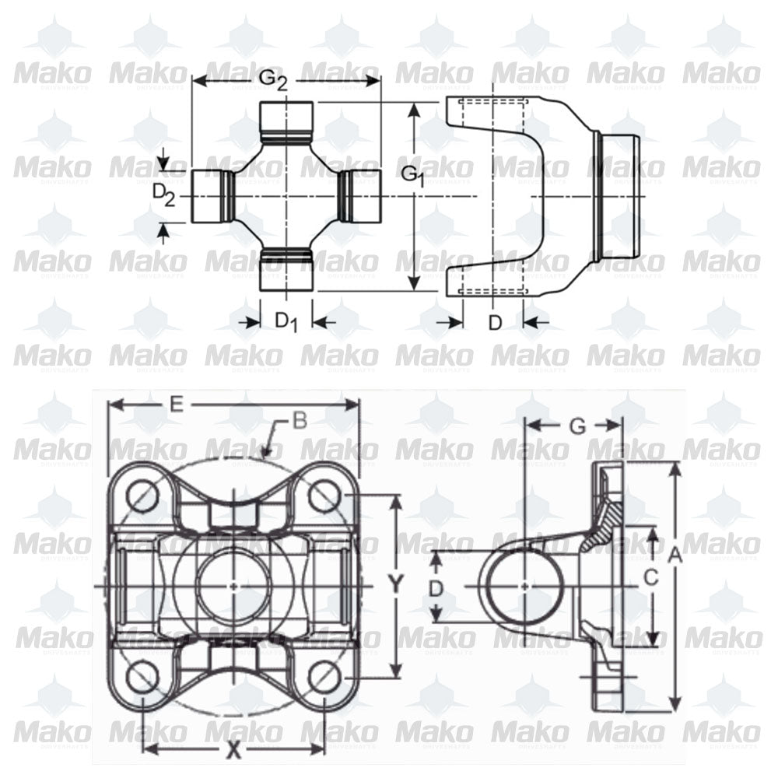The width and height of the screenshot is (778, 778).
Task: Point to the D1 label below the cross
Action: [x=287, y=321]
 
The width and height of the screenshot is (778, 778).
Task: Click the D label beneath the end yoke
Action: [x=495, y=322]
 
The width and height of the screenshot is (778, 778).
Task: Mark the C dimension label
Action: [x=651, y=577]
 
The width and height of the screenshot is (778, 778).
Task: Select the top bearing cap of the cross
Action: [x=286, y=116]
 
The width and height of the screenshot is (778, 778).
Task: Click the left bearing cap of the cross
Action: [x=207, y=195]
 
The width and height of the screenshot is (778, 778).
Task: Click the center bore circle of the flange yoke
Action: [x=233, y=585]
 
